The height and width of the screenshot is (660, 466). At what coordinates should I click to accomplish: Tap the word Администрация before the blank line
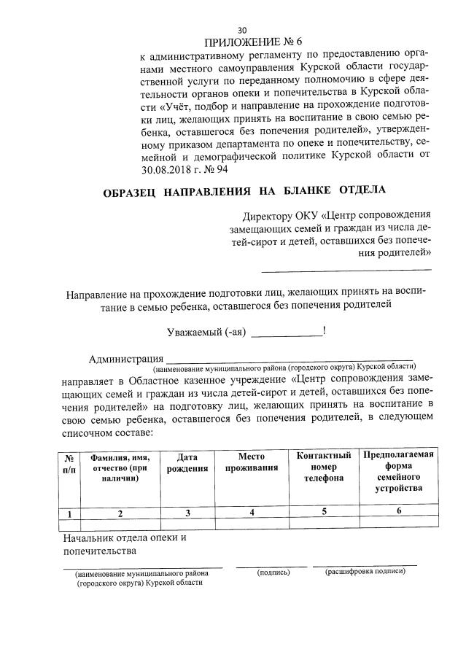tap(125, 359)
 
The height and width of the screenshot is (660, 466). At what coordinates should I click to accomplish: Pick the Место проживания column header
tap(252, 462)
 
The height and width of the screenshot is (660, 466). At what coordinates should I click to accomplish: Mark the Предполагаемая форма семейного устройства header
tap(399, 472)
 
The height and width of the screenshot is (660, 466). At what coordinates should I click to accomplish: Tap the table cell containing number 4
tap(252, 513)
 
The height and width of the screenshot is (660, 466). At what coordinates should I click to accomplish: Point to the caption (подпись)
tap(274, 573)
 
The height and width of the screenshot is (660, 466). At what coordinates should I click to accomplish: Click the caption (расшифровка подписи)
tap(365, 572)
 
